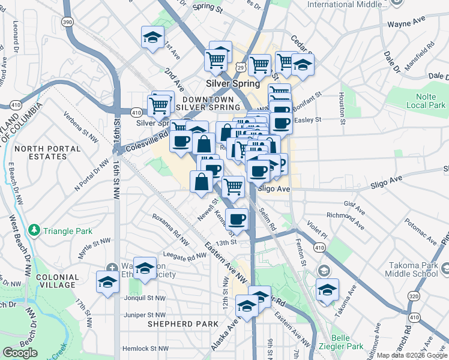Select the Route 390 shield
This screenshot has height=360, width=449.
click(x=68, y=22)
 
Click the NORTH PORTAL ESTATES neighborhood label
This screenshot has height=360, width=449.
click(x=41, y=152)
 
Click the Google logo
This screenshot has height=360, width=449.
click(x=20, y=353)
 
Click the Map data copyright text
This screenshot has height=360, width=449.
click(x=412, y=355)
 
